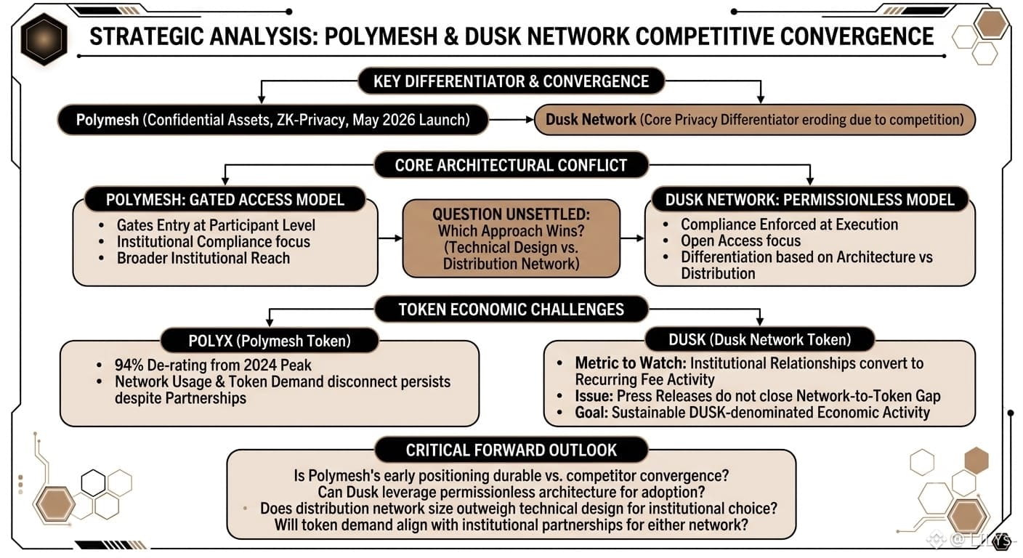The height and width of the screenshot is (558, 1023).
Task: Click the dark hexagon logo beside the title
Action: coord(44,39)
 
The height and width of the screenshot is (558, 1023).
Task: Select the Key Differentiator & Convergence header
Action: coord(511,81)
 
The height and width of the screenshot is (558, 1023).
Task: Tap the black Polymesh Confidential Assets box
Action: coord(273,120)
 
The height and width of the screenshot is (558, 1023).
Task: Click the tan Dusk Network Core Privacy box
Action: coord(754,120)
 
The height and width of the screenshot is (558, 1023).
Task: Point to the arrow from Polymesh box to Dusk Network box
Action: coord(511,120)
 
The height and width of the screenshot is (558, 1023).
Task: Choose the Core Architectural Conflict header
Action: coord(511,165)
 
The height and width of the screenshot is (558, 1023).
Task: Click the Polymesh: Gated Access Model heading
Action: coord(225,200)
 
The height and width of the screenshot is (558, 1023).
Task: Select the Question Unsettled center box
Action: coord(511,238)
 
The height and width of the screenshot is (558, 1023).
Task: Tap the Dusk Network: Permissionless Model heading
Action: coord(809,200)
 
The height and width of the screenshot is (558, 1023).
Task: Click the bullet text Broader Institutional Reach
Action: coord(203,258)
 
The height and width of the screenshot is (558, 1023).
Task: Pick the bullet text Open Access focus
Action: coord(741,240)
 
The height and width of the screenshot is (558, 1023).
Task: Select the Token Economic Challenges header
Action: coord(511,309)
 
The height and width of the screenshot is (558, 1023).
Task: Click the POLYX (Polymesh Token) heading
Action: coord(270,341)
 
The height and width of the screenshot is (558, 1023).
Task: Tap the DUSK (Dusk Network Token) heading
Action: coord(759,340)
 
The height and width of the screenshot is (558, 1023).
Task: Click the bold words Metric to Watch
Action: coord(631,363)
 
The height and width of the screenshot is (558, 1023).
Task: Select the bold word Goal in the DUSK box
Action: coord(591,413)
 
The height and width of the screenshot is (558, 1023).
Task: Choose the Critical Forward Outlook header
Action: coord(511,450)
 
